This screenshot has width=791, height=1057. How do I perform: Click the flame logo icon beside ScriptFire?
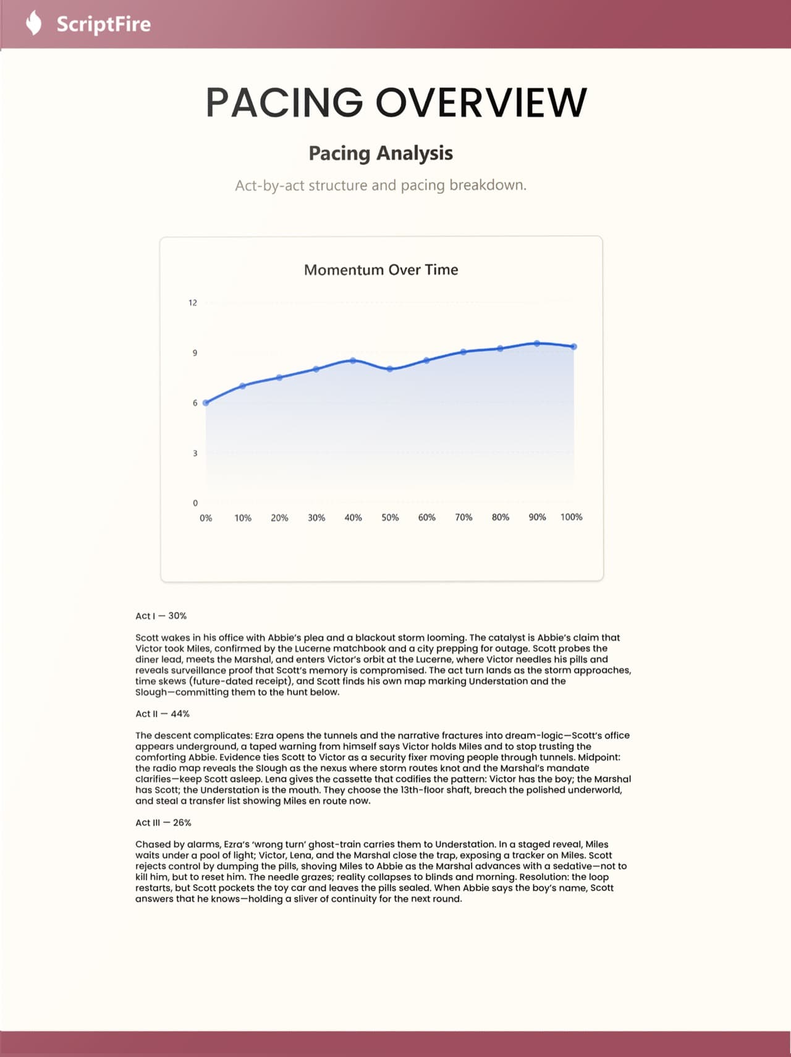click(x=34, y=23)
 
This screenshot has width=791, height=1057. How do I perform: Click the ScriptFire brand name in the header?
click(x=103, y=24)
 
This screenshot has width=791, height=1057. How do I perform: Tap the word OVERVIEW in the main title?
click(x=481, y=103)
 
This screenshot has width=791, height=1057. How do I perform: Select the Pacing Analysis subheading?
click(x=381, y=153)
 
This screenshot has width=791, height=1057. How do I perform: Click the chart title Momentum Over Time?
click(x=381, y=270)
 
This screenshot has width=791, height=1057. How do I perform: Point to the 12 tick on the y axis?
click(x=193, y=303)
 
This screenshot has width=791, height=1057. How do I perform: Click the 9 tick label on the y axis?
click(x=195, y=353)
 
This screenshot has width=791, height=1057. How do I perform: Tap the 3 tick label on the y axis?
click(x=195, y=453)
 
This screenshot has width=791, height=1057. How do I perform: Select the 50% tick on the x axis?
click(x=390, y=517)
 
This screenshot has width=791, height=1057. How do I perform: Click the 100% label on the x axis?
click(x=571, y=517)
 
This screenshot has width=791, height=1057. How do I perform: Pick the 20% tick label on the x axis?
click(x=279, y=517)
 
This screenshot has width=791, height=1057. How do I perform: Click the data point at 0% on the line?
click(x=206, y=402)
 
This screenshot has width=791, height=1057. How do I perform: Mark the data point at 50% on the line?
click(x=390, y=369)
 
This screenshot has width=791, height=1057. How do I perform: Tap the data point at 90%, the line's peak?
click(x=537, y=343)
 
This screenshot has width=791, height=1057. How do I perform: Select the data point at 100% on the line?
click(x=574, y=347)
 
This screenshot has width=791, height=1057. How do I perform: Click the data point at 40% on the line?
click(x=353, y=360)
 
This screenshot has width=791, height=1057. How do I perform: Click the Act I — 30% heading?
click(x=161, y=616)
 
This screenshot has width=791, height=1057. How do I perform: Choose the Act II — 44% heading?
click(x=163, y=713)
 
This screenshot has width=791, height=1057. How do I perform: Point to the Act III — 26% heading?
click(x=163, y=823)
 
